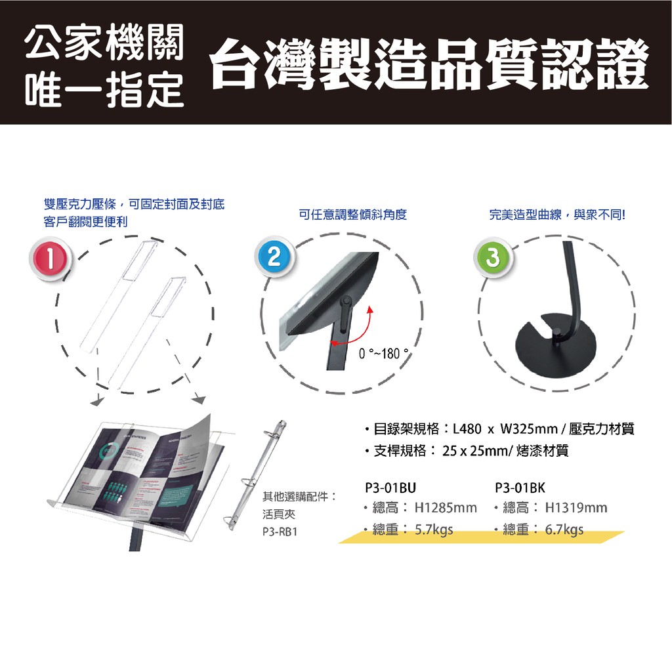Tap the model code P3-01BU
(x=390, y=488)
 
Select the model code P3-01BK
(x=520, y=488)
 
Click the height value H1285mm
(x=446, y=508)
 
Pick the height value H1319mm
(x=576, y=508)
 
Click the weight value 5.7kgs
(x=434, y=530)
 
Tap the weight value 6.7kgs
(x=564, y=530)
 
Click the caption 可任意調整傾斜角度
(x=353, y=215)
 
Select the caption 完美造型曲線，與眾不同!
(x=558, y=215)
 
